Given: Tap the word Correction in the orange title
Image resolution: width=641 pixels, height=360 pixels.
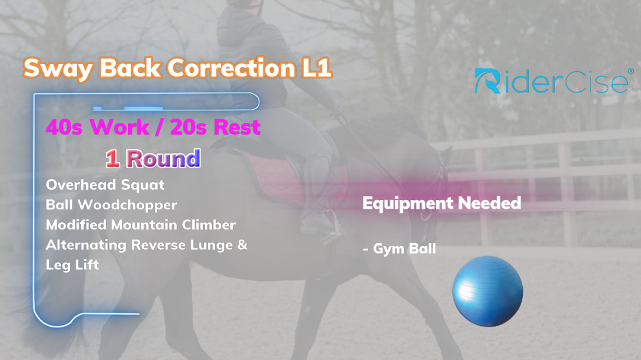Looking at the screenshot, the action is [231, 68].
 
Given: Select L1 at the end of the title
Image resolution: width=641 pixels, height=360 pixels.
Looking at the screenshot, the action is [317, 68].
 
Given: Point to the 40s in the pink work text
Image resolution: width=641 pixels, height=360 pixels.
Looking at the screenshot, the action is [64, 127].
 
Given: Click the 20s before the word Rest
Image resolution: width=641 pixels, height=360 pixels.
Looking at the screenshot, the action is [188, 127].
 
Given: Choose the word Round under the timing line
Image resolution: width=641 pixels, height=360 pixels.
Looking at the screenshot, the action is [163, 158].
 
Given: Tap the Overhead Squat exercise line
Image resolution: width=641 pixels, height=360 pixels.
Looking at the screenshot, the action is [105, 185].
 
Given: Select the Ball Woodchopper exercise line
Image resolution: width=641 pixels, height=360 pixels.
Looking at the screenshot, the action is [111, 205].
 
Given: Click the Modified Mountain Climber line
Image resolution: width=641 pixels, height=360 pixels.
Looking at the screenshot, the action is [141, 225].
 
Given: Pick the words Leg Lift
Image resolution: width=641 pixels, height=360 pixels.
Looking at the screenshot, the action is [72, 265].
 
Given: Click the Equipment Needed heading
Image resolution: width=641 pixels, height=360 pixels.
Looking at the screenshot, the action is [442, 203].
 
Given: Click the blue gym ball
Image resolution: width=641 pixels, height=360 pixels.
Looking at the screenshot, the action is [488, 291].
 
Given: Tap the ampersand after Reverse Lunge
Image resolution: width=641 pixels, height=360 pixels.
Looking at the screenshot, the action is [242, 245].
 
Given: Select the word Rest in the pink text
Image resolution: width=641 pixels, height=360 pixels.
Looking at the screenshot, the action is [237, 127].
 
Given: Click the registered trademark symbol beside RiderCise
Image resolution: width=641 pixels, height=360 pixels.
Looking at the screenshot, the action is [631, 71].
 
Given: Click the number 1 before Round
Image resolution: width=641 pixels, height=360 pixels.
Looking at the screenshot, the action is [112, 158].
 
